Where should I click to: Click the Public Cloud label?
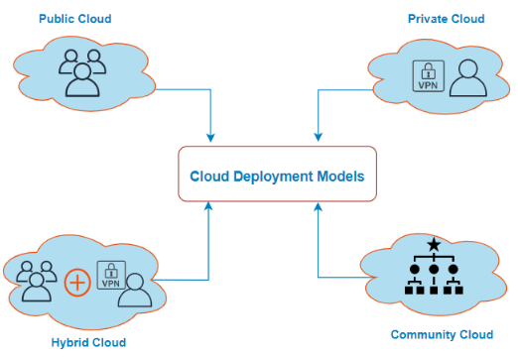[x=74, y=19]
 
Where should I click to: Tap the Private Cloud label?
[x=447, y=19]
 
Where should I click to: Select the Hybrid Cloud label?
[x=87, y=342]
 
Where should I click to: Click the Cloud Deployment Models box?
[x=277, y=176]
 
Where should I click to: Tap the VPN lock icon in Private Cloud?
[x=427, y=76]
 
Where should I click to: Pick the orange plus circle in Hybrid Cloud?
[x=76, y=282]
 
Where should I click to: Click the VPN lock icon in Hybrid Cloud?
[x=109, y=278]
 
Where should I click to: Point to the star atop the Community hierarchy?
[x=433, y=245]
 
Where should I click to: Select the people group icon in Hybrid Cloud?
[x=37, y=280]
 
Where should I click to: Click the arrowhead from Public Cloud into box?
[x=209, y=138]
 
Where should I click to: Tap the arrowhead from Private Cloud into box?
[x=317, y=138]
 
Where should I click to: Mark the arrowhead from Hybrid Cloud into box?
[x=209, y=207]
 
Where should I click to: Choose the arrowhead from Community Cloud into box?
[x=317, y=207]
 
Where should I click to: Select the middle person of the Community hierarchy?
[x=433, y=270]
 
